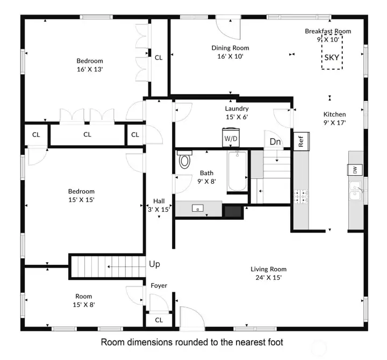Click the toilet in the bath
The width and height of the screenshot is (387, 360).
pos(185,160)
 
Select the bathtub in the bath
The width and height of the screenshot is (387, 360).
pos(237,171)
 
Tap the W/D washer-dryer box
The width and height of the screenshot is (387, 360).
pos(231,138)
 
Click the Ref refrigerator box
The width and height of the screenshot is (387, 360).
pos(301,141)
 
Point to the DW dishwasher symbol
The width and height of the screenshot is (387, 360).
pos(355,170)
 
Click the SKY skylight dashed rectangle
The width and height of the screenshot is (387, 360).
pos(332,52)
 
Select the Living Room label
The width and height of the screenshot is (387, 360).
pos(268,269)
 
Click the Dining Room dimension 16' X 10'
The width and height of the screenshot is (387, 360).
pos(230,56)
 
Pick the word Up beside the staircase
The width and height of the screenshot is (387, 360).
pos(154,264)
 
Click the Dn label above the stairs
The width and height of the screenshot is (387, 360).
pos(275,142)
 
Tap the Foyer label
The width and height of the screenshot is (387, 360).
pos(159,285)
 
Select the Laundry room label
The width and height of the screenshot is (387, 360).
pos(236,109)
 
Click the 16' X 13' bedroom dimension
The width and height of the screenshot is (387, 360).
pos(89,69)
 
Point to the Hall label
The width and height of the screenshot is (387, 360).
pos(159,201)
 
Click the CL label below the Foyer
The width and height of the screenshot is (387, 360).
pos(159,320)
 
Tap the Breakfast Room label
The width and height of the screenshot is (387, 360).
pos(328,31)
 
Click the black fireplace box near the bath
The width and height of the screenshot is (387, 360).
pos(232,211)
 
